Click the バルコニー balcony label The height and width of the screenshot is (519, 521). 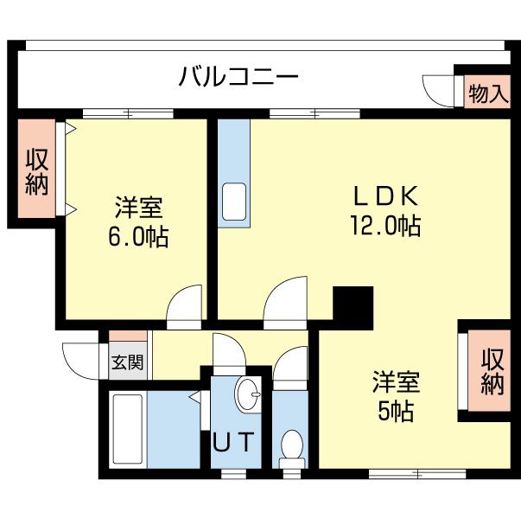point(238,78)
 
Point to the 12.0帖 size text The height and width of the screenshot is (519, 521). point(385,227)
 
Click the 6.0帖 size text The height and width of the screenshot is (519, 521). point(138,236)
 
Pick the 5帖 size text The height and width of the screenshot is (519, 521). point(396,411)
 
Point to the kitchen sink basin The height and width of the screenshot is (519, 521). point(233,201)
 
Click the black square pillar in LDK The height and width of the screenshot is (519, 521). point(352,304)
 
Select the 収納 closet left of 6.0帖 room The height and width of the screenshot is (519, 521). point(35,171)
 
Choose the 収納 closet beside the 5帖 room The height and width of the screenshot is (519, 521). point(492,371)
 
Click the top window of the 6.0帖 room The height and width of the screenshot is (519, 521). point(128,112)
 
